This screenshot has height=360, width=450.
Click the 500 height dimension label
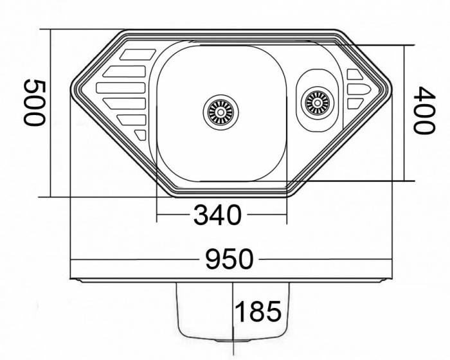coord(35,102)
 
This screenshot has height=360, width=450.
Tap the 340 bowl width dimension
coord(217,215)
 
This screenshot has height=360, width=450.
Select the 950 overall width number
coord(230,259)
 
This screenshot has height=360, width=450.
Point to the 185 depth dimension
coord(258,312)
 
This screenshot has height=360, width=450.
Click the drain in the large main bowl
coord(221,113)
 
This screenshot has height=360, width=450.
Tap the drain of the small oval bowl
coord(318,102)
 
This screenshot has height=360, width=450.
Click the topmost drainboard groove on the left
coord(138,55)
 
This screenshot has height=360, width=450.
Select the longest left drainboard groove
coord(121,88)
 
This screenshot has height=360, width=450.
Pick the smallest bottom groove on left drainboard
coord(141,134)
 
